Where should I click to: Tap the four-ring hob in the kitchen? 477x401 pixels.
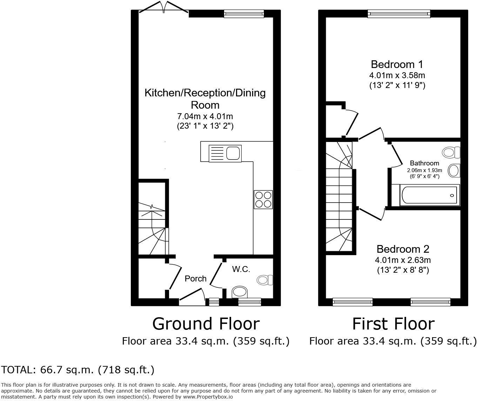click(263, 199)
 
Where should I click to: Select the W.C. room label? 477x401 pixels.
click(241, 269)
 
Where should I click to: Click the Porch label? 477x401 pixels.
click(195, 279)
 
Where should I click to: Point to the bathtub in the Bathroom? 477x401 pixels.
click(429, 196)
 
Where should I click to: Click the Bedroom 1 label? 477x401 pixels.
click(397, 64)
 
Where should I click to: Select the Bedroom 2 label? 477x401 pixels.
click(403, 249)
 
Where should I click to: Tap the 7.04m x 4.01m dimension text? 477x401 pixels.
click(205, 116)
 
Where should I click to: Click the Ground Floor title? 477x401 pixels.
click(206, 324)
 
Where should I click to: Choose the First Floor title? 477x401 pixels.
click(393, 324)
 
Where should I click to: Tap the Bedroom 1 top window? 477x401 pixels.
click(399, 14)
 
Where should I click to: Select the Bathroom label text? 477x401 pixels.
click(424, 163)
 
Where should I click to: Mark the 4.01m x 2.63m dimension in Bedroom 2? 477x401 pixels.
click(403, 260)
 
